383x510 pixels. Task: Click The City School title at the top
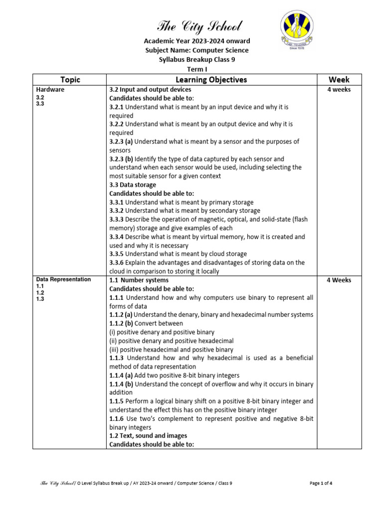[x=199, y=26]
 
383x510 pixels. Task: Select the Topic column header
[x=70, y=80]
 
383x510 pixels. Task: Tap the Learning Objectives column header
[x=211, y=80]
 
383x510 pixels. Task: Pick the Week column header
[x=339, y=80]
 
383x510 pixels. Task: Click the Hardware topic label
[x=50, y=90]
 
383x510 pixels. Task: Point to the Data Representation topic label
[x=63, y=280]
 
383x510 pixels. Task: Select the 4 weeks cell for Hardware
[x=339, y=90]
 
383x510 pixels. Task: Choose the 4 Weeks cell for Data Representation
[x=339, y=280]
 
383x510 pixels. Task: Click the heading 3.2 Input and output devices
[x=150, y=90]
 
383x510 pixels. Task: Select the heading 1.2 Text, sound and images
[x=148, y=436]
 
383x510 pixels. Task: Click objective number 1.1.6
[x=117, y=419]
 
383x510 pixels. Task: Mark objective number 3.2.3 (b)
[x=121, y=159]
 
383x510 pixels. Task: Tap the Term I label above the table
[x=196, y=69]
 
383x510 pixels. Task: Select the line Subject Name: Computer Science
[x=196, y=50]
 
